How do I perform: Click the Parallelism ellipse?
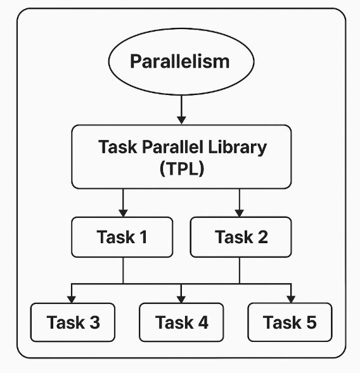181,61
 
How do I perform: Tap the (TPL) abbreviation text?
182,168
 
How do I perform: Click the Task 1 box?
122,237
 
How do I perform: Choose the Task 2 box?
241,237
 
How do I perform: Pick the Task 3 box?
73,322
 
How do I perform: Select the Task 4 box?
181,322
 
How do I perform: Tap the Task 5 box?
290,322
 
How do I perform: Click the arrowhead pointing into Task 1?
123,213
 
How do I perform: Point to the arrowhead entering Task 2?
240,213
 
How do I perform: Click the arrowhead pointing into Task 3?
72,300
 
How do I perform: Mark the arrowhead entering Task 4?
181,300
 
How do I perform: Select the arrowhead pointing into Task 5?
291,300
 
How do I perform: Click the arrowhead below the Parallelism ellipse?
181,120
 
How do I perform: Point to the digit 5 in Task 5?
311,322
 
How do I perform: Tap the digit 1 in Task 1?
143,237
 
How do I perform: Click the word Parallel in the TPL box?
172,147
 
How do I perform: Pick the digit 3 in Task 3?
94,322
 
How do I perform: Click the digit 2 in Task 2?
263,237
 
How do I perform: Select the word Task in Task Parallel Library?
118,147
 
